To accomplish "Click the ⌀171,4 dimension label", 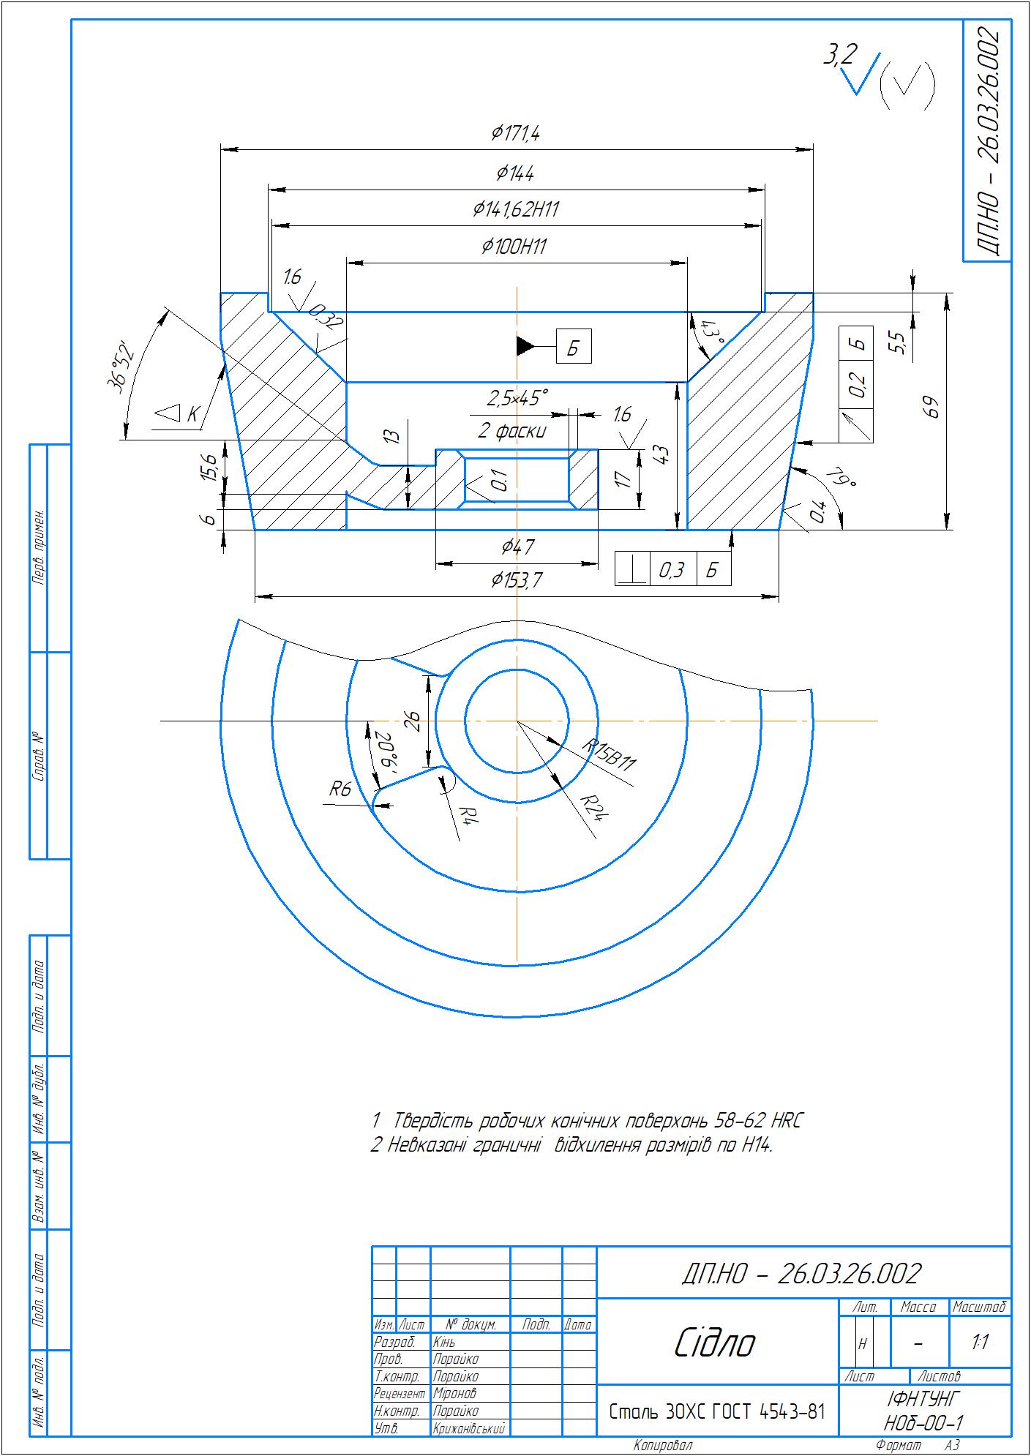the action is click(x=516, y=133).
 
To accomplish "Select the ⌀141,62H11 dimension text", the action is click(x=516, y=210).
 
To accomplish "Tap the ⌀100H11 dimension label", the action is click(x=514, y=247).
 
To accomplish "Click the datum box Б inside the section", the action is click(x=574, y=347).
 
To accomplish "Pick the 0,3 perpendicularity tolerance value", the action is click(x=672, y=569).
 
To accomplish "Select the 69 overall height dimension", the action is click(x=931, y=407).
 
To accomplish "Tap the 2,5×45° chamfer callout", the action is click(x=517, y=398).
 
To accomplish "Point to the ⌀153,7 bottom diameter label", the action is click(x=517, y=580).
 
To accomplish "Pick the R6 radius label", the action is click(x=341, y=789).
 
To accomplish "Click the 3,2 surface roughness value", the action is click(x=841, y=56).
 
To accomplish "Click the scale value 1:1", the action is click(x=981, y=1342).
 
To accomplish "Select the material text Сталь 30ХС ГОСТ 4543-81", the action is click(x=717, y=1411).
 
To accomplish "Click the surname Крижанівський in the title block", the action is click(x=470, y=1427).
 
